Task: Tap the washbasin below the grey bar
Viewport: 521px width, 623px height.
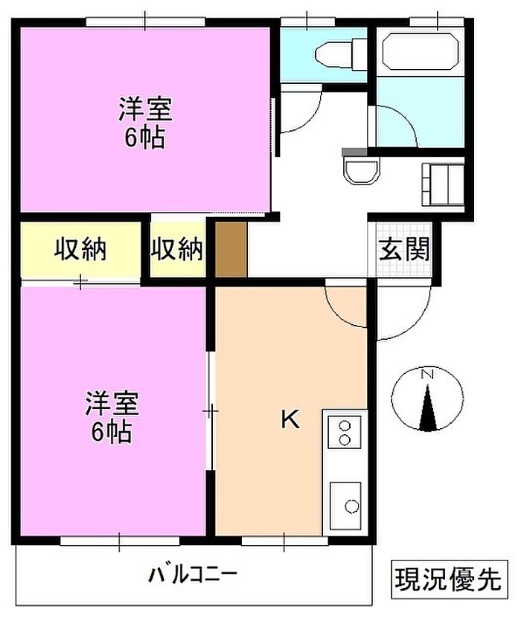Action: (x=361, y=170)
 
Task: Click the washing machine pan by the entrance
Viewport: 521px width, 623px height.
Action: (x=443, y=184)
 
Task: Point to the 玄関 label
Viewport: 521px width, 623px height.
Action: (x=404, y=250)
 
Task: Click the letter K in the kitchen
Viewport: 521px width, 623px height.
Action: (x=290, y=419)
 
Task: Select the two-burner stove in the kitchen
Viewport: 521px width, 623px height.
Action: (x=345, y=432)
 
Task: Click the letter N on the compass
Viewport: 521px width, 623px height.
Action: (x=427, y=374)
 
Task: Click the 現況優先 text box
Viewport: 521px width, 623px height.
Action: (x=450, y=579)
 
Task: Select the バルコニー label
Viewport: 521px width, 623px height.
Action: (x=193, y=574)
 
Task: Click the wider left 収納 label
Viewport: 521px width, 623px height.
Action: (x=80, y=250)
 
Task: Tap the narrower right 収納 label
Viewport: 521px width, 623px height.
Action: (x=177, y=250)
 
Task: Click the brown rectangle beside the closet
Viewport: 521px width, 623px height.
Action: (x=231, y=250)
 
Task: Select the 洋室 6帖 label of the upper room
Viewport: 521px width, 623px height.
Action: (x=145, y=123)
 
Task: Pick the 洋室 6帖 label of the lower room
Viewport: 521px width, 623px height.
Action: (x=112, y=418)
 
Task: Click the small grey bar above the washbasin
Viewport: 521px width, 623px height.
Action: (x=354, y=152)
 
